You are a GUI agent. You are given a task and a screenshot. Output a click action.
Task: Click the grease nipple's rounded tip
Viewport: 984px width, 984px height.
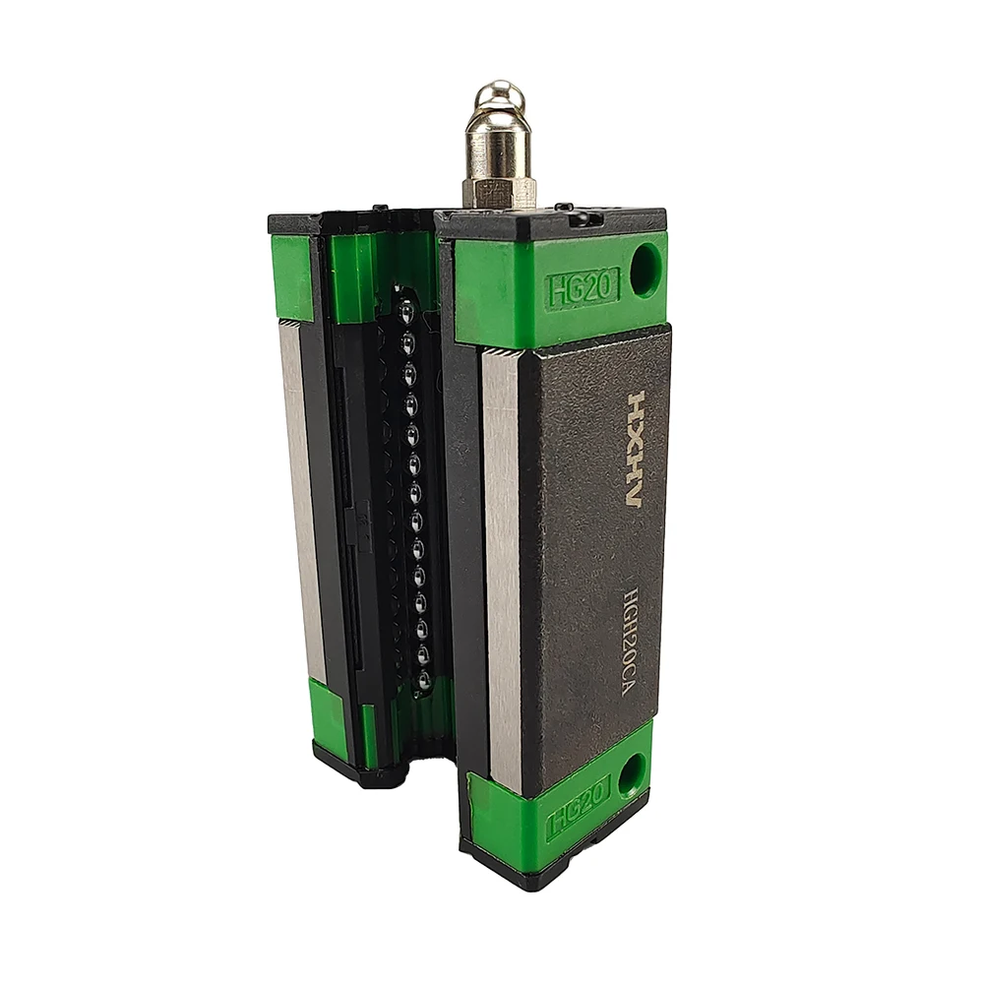[499, 96]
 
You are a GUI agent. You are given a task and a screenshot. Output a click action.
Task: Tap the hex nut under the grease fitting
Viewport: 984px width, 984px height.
[499, 192]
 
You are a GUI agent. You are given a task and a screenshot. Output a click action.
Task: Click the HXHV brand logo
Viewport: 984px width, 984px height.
[636, 450]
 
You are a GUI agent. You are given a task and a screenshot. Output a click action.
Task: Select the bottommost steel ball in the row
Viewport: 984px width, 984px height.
[423, 679]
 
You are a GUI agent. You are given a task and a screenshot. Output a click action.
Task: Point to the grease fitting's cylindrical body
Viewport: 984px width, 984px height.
[499, 148]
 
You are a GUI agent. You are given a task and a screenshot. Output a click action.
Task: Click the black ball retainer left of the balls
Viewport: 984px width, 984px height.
[369, 492]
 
